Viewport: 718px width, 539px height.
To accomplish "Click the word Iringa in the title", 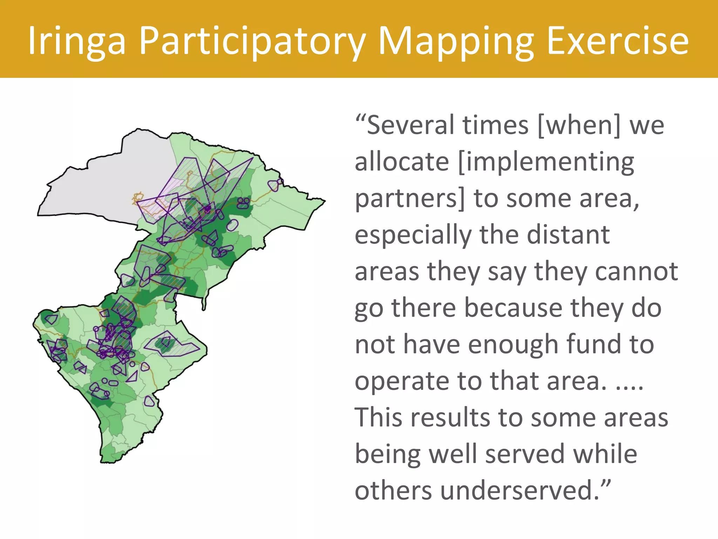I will click(x=76, y=41).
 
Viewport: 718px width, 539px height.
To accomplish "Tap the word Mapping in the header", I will click(x=456, y=41).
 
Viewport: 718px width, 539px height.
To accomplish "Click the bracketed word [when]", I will click(x=579, y=125).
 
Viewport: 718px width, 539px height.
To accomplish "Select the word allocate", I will click(x=402, y=162).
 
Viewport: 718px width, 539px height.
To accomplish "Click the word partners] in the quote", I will click(x=410, y=199).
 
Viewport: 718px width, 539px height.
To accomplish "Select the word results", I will click(x=450, y=418).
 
